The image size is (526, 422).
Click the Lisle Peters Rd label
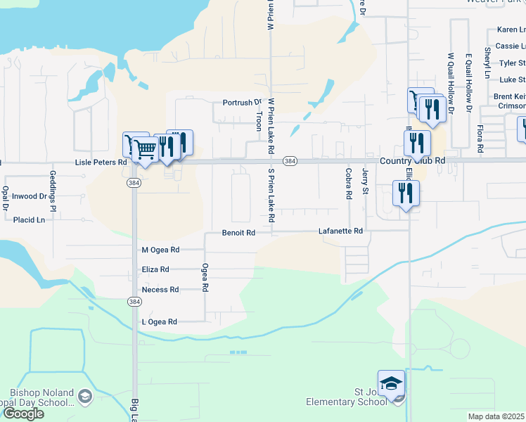101,162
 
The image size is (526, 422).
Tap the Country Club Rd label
413,160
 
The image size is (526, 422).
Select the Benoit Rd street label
238,233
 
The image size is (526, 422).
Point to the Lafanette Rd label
340,231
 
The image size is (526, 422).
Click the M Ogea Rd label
160,250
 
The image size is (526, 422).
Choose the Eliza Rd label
155,269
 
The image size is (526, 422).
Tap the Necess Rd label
160,289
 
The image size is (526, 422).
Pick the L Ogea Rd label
160,321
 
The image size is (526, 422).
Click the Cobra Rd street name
348,183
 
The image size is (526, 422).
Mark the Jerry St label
365,181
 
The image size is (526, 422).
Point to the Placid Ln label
29,219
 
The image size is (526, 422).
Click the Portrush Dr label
242,103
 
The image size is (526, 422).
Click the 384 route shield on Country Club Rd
290,161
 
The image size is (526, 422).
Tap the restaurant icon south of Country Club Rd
406,192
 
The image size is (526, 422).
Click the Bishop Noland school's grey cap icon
85,397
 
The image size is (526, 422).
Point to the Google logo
23,414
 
